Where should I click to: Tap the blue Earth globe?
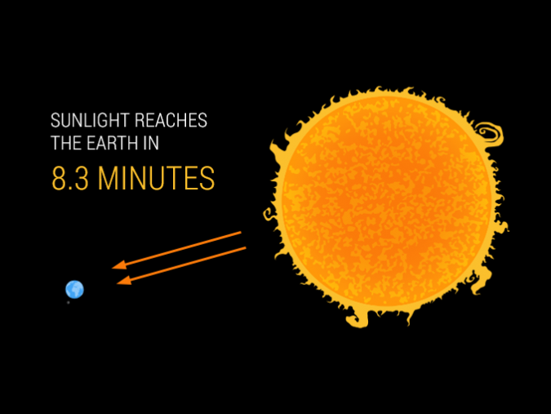tap(74, 289)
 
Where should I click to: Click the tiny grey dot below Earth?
tap(69, 303)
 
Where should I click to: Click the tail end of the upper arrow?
tap(241, 234)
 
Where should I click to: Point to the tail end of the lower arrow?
tap(245, 249)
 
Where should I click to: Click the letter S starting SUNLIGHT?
tap(56, 121)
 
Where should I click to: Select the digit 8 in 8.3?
tap(60, 179)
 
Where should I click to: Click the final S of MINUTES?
tap(207, 179)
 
